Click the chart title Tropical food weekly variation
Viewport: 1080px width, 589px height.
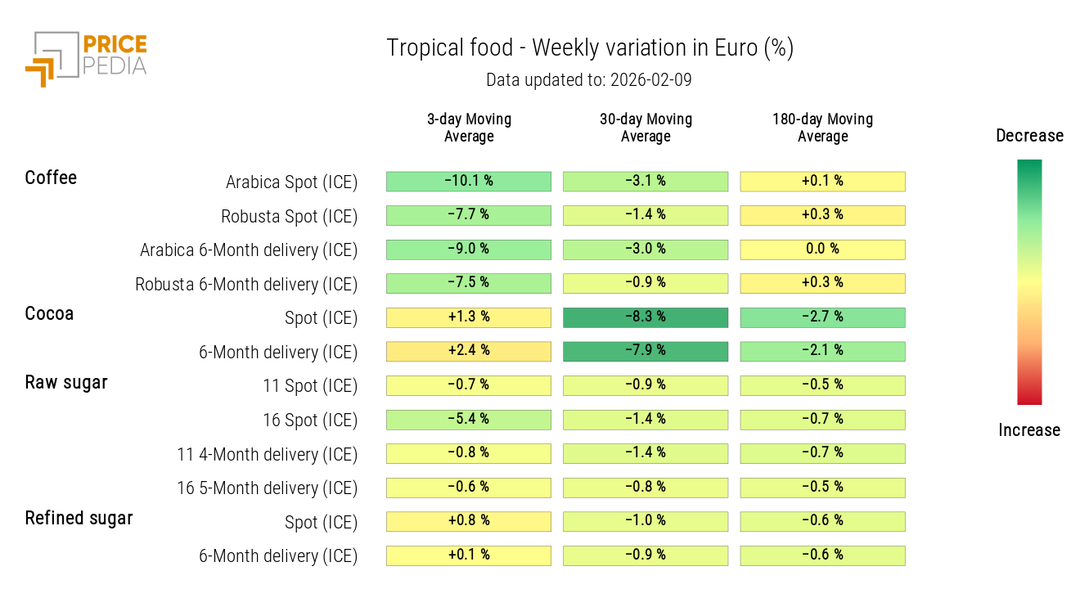pyautogui.click(x=589, y=48)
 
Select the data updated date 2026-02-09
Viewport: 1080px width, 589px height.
pyautogui.click(x=589, y=80)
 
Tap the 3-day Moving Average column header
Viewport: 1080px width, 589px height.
pyautogui.click(x=469, y=128)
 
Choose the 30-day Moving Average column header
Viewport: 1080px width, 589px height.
pyautogui.click(x=646, y=128)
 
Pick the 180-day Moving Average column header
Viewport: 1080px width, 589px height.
pyautogui.click(x=822, y=128)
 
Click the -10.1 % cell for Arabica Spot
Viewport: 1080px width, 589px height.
pyautogui.click(x=468, y=181)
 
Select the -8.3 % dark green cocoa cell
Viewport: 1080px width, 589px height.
pyautogui.click(x=646, y=317)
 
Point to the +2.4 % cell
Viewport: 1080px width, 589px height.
pyautogui.click(x=468, y=351)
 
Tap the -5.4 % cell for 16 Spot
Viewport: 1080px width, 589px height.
pyautogui.click(x=468, y=420)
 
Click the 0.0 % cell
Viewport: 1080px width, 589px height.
pyautogui.click(x=822, y=250)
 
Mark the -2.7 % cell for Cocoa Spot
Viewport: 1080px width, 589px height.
pyautogui.click(x=822, y=317)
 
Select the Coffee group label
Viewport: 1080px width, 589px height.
pyautogui.click(x=51, y=178)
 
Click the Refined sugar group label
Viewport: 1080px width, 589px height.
pyautogui.click(x=79, y=518)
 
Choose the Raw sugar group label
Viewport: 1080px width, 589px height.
pyautogui.click(x=66, y=382)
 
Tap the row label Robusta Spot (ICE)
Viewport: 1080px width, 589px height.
pyautogui.click(x=289, y=217)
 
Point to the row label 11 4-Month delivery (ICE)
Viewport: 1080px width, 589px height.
pyautogui.click(x=267, y=454)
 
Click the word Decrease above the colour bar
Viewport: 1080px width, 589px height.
pyautogui.click(x=1029, y=136)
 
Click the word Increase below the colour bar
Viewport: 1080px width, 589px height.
pyautogui.click(x=1029, y=430)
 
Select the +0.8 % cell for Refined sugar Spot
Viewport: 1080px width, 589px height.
pyautogui.click(x=468, y=521)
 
